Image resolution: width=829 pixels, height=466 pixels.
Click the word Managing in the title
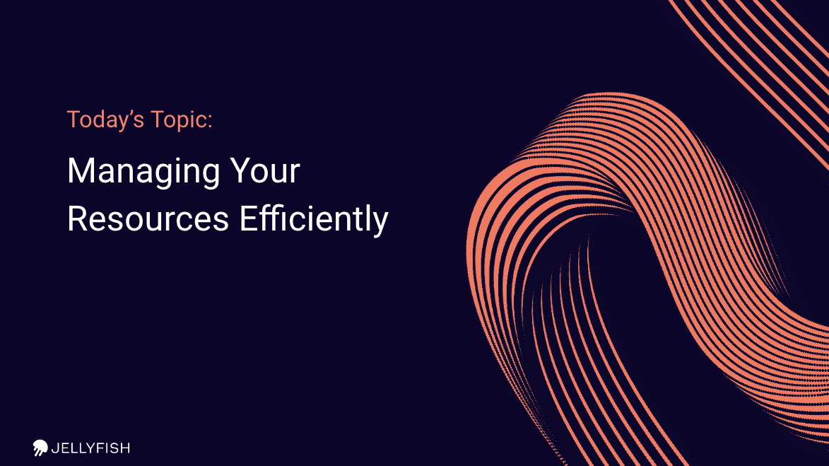pyautogui.click(x=143, y=173)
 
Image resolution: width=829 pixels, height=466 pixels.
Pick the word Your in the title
pyautogui.click(x=265, y=171)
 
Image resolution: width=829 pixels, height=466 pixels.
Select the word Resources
pyautogui.click(x=148, y=219)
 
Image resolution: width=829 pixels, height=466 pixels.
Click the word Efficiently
pyautogui.click(x=314, y=219)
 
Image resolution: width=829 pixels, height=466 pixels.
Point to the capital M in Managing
pyautogui.click(x=81, y=170)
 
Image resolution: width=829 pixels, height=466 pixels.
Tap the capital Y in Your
pyautogui.click(x=240, y=170)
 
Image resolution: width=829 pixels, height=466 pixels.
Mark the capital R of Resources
pyautogui.click(x=77, y=219)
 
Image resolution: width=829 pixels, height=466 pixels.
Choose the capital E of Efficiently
pyautogui.click(x=249, y=219)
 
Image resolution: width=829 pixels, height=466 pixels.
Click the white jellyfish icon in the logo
pyautogui.click(x=40, y=448)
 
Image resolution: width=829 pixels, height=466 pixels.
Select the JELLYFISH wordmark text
pyautogui.click(x=90, y=448)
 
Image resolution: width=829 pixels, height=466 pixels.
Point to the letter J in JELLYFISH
pyautogui.click(x=54, y=448)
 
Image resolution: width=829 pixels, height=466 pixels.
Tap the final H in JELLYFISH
pyautogui.click(x=125, y=448)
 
